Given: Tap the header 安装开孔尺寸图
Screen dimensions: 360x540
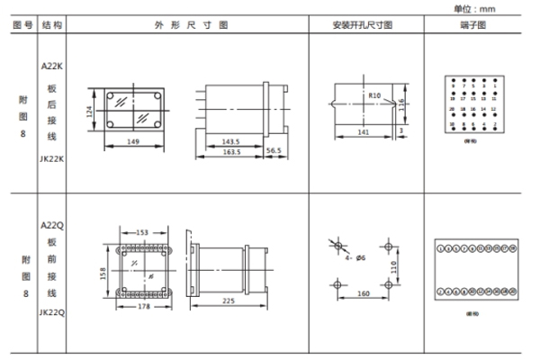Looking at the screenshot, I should tap(363, 27).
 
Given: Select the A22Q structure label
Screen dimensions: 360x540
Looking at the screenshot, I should tap(51, 225).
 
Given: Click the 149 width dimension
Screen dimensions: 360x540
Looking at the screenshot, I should tap(134, 141).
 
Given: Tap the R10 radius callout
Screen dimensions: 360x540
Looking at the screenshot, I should tap(374, 92).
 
